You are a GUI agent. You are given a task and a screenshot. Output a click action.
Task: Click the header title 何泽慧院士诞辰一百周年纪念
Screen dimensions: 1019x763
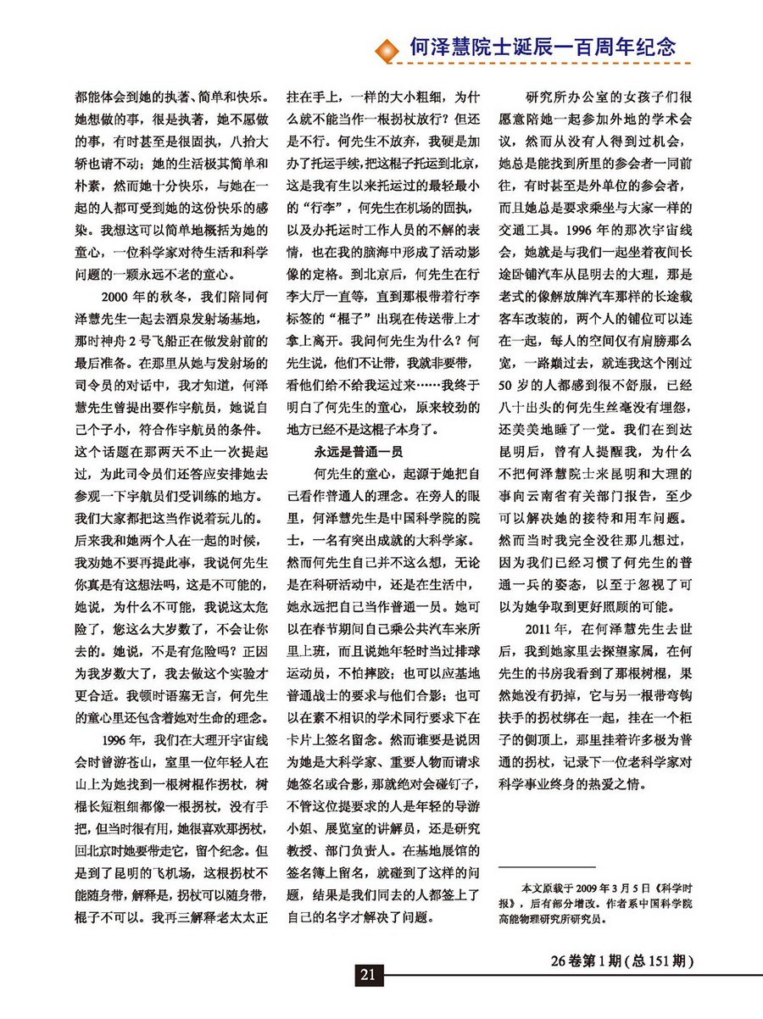[x=542, y=46]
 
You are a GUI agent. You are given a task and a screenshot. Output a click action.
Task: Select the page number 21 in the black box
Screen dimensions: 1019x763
[x=367, y=974]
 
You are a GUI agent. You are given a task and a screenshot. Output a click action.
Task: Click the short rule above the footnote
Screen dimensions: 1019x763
[x=546, y=867]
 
